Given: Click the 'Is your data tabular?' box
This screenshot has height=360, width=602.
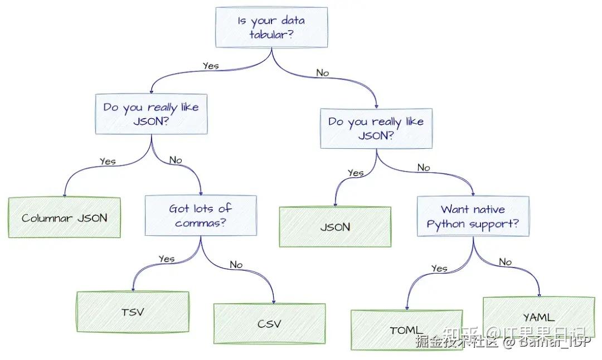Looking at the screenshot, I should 271,27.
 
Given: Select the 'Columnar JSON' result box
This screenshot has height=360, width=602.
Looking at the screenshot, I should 64,218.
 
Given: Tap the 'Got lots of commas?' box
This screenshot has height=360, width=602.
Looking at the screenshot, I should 201,216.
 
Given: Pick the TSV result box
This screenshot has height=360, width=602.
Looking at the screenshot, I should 133,312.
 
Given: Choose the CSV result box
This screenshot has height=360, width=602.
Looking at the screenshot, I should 269,324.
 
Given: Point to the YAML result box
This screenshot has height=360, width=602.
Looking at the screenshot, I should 538,318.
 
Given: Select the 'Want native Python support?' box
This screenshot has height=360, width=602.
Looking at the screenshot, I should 473,217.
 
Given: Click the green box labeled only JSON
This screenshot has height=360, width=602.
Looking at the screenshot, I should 335,227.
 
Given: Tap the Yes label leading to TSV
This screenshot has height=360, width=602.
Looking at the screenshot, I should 167,259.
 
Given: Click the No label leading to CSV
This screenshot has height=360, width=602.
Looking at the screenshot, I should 236,265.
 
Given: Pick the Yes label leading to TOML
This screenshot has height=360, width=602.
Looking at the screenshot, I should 439,269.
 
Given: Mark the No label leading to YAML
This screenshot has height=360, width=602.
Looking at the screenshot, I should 505,262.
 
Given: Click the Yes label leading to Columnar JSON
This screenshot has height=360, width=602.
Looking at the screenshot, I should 108,162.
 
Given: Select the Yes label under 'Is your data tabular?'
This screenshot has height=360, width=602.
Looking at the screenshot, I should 211,66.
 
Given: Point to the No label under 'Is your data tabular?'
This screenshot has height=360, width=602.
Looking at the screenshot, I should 322,73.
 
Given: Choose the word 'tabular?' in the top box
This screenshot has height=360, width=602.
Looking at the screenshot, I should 271,35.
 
